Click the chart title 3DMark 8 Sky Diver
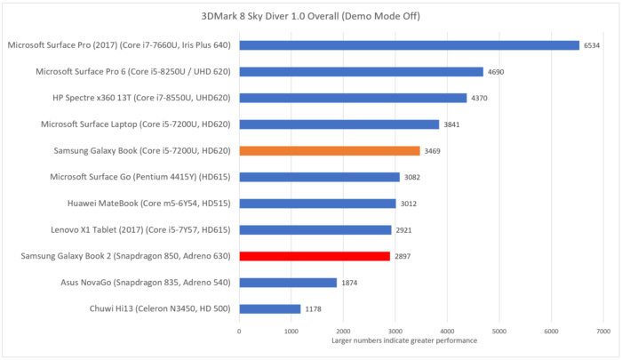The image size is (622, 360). point(310,16)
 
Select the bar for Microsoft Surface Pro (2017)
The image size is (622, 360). point(409,44)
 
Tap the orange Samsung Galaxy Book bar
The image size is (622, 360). point(329,150)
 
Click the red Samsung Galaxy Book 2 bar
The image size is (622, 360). point(315,256)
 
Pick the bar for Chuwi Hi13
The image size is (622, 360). point(269,308)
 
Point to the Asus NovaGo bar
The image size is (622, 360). point(288,283)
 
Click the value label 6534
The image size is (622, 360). point(593,45)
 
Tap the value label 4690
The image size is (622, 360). point(497,71)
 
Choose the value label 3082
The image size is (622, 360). point(413,177)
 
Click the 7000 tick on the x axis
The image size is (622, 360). point(603,331)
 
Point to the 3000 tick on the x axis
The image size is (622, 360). point(395,331)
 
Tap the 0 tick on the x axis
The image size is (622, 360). point(239,331)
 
